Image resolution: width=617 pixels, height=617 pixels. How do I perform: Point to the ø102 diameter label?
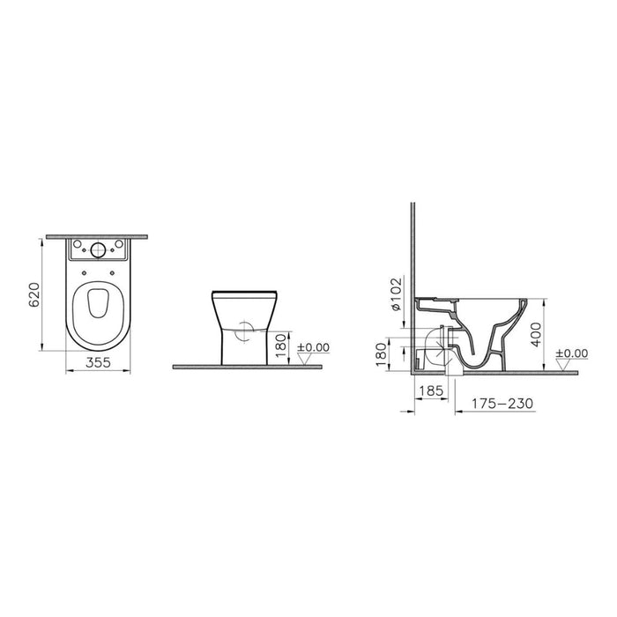tap(396, 293)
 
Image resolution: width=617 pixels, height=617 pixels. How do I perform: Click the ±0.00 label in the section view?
tap(572, 353)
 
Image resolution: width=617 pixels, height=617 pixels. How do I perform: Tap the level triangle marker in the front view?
tap(301, 359)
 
